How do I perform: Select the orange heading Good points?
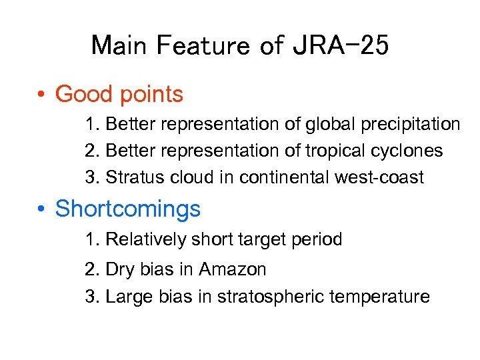(x=119, y=95)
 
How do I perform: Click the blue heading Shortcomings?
(x=127, y=209)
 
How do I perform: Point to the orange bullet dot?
(x=41, y=95)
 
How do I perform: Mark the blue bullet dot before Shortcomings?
(x=41, y=210)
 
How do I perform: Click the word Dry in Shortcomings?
(x=120, y=270)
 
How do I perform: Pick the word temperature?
(x=379, y=297)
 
